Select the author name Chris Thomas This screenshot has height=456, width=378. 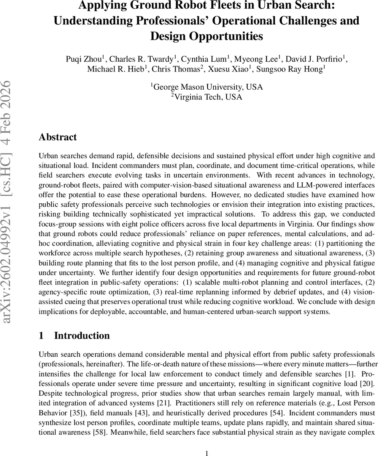tap(178, 69)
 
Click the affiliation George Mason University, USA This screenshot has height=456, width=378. tap(207, 87)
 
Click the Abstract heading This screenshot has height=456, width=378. tap(58, 137)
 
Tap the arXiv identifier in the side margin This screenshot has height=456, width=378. tap(8, 201)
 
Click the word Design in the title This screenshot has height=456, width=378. tap(170, 36)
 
